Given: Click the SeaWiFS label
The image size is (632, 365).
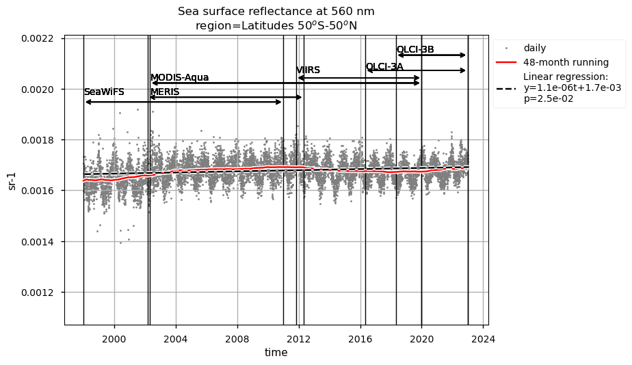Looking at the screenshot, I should (104, 92).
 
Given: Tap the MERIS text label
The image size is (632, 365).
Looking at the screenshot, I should (165, 92).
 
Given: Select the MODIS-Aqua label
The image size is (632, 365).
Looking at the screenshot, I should (179, 77).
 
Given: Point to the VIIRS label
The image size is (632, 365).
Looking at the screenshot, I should (308, 70).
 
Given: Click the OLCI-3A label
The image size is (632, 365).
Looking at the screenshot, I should (384, 67).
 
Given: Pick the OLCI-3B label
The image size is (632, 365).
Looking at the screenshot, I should (415, 50).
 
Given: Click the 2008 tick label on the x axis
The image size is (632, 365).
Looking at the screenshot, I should (237, 337).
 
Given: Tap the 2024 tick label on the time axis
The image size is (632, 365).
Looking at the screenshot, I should (484, 337).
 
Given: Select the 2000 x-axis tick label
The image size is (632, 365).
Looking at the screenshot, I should (114, 337).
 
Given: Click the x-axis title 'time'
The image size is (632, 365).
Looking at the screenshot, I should (276, 353).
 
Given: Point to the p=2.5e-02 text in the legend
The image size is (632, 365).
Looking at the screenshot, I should (548, 99).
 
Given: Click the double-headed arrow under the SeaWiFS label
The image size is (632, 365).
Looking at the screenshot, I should (183, 103).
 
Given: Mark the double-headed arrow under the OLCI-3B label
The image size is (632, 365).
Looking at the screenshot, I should (432, 55).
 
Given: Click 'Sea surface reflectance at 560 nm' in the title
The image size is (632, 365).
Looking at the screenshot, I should (276, 12).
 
